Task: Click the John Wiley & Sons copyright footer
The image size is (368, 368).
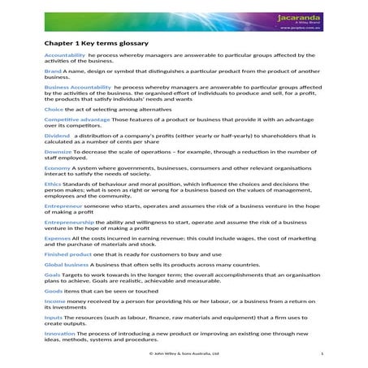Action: (x=184, y=354)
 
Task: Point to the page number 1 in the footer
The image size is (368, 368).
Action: (x=323, y=354)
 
